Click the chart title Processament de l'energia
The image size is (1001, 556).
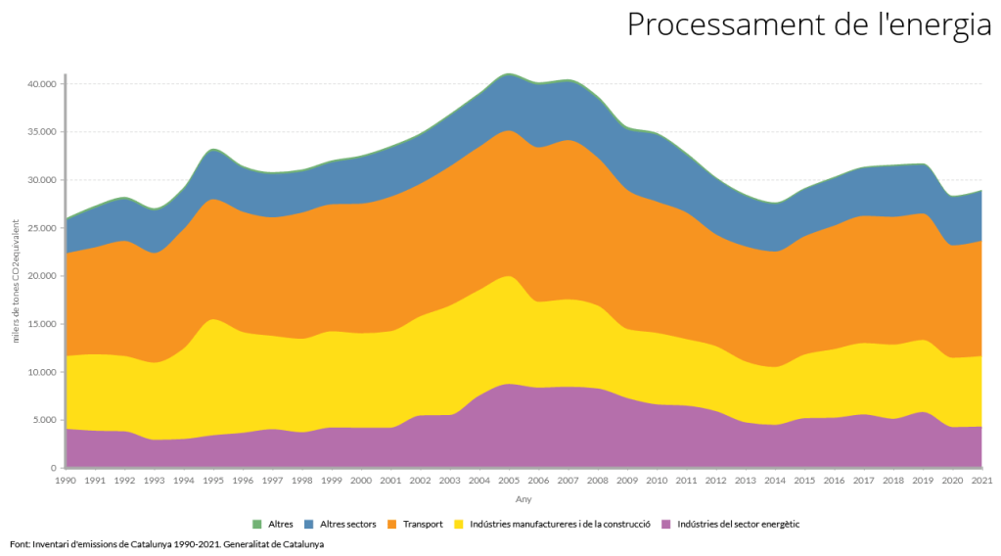(x=808, y=25)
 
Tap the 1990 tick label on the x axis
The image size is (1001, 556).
(x=66, y=481)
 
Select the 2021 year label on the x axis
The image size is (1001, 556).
(x=981, y=481)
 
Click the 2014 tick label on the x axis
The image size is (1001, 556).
(x=775, y=481)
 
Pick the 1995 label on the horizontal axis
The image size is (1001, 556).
(x=212, y=481)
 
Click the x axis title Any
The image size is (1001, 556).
(x=523, y=499)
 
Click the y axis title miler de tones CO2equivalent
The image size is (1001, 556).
(x=16, y=276)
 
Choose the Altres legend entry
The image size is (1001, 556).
(x=280, y=525)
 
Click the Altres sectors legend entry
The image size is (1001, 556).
(x=347, y=525)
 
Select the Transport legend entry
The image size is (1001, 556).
(x=423, y=525)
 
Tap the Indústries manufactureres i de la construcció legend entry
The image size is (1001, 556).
(x=561, y=525)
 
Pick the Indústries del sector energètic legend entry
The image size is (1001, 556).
(x=738, y=525)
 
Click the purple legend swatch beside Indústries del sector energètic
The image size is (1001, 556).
(x=667, y=525)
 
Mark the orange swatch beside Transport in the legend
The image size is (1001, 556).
(x=394, y=525)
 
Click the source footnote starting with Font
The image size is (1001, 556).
(x=166, y=544)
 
